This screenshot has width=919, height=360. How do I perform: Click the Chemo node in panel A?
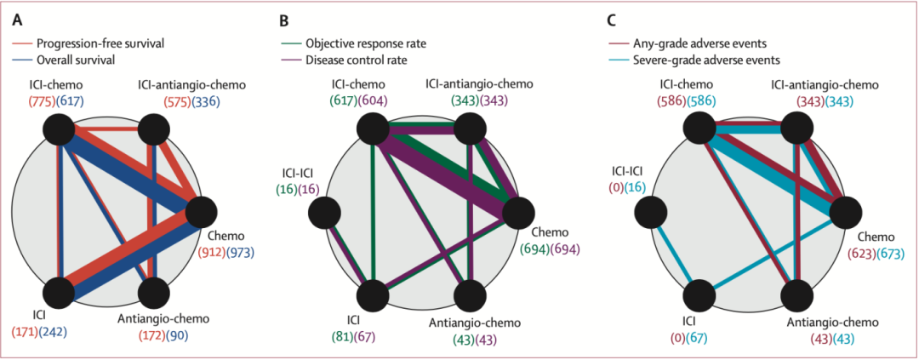[x=201, y=210]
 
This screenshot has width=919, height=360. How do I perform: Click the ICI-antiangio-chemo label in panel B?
[x=479, y=84]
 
